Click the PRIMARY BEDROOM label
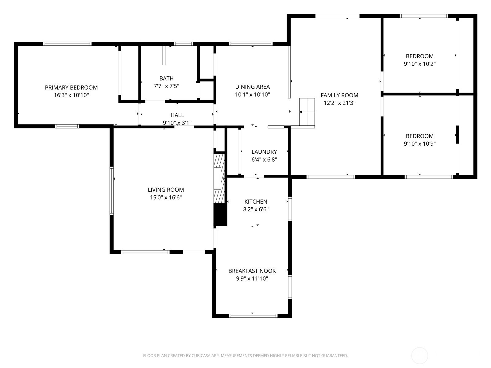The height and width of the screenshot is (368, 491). click(x=72, y=88)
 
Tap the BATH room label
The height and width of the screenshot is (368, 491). click(x=166, y=79)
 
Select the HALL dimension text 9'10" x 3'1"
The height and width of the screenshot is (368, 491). click(x=177, y=123)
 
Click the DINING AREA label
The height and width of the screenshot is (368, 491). click(x=253, y=87)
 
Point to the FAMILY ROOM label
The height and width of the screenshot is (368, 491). click(x=339, y=95)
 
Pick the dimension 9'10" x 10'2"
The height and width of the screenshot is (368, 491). click(x=419, y=64)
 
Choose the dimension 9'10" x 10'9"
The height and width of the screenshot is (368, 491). click(x=419, y=144)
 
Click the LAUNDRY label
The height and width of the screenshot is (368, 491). click(x=264, y=152)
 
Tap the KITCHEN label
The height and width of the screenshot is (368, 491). click(x=256, y=202)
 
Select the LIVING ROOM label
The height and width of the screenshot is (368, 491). click(x=166, y=190)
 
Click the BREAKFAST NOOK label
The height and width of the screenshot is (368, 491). click(x=252, y=271)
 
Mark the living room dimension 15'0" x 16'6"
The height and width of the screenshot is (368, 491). click(x=166, y=197)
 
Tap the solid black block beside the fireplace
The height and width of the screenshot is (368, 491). click(x=221, y=214)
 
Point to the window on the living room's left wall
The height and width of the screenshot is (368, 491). click(x=111, y=191)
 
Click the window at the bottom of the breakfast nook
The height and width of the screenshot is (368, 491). click(x=253, y=316)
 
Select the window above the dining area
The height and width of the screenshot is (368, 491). click(x=251, y=44)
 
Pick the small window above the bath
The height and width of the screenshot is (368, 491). click(x=184, y=44)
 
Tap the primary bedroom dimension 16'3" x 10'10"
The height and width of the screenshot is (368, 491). click(x=72, y=95)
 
